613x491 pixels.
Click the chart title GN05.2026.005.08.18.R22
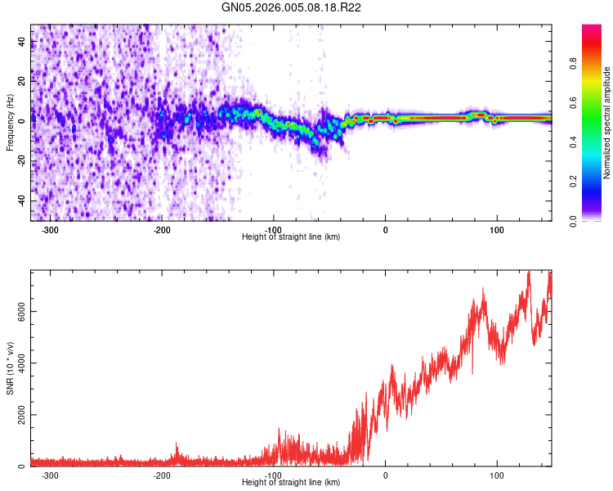tap(292, 7)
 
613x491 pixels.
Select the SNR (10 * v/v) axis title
tap(10, 369)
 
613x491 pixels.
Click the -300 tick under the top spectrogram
tap(50, 229)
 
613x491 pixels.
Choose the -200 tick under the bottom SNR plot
tap(162, 475)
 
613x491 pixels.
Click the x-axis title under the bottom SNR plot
tap(292, 483)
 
